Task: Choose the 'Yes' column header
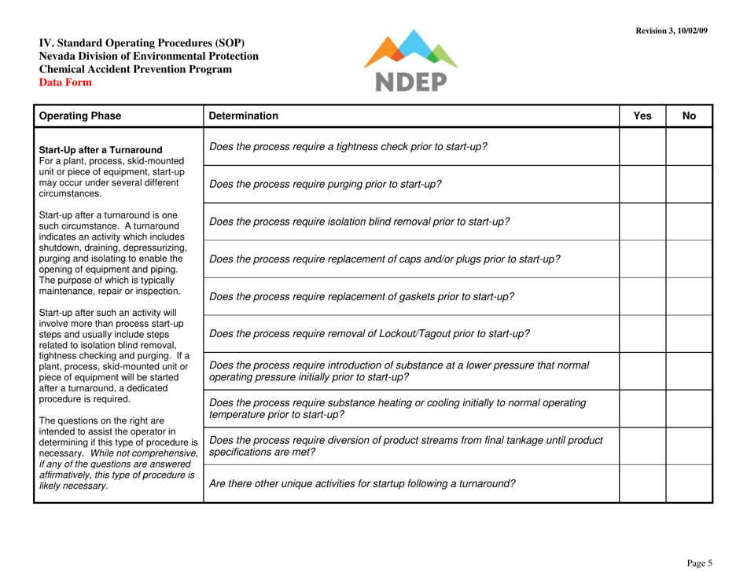click(x=643, y=116)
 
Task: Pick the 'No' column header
click(x=690, y=116)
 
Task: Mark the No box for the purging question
click(x=690, y=185)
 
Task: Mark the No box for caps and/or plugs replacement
click(x=690, y=259)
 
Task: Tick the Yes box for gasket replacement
click(x=643, y=295)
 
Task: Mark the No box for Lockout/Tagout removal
click(x=690, y=332)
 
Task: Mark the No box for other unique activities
click(x=690, y=482)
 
